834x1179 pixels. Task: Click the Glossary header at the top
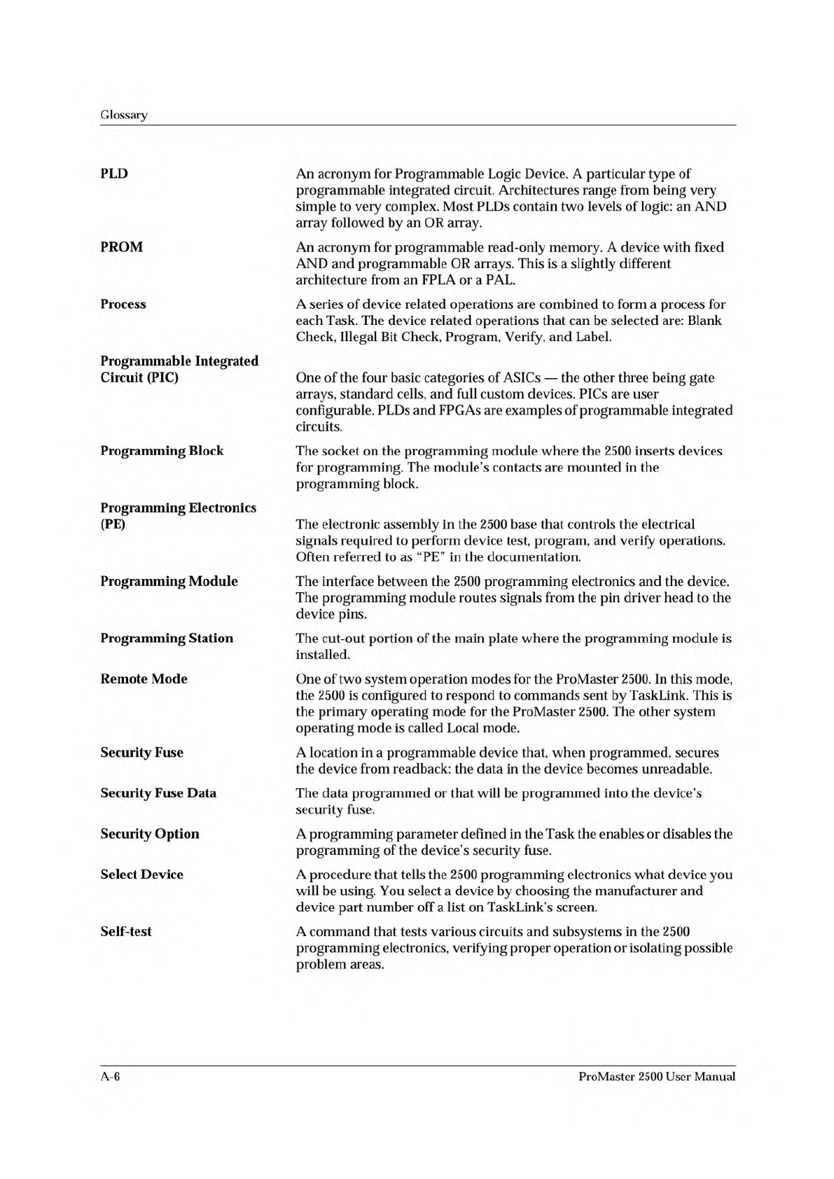click(x=124, y=115)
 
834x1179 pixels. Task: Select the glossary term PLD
click(x=114, y=173)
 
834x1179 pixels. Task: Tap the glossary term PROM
click(x=121, y=247)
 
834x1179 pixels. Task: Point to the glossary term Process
click(x=123, y=304)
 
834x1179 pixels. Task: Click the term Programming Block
click(x=162, y=451)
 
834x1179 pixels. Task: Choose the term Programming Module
click(x=169, y=581)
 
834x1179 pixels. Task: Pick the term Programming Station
click(x=167, y=638)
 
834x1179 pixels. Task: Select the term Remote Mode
click(x=144, y=678)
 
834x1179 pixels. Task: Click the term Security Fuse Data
click(x=158, y=793)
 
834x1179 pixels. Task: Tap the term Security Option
click(x=150, y=834)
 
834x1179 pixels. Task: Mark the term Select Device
click(x=141, y=874)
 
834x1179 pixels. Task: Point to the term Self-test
click(x=126, y=931)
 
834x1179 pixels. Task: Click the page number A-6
click(x=111, y=1077)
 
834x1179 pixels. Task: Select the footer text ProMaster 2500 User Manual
click(x=657, y=1077)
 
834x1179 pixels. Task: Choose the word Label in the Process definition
click(x=594, y=337)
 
